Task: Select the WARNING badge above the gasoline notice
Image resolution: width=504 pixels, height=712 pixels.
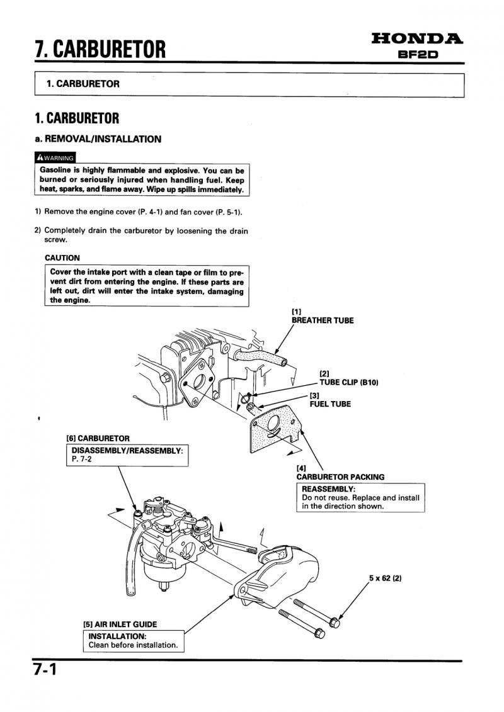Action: pos(55,157)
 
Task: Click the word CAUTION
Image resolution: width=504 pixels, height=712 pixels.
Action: pos(62,257)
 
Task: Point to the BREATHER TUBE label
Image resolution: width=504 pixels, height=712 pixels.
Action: pos(322,320)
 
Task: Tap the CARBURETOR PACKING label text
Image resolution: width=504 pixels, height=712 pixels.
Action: pos(340,477)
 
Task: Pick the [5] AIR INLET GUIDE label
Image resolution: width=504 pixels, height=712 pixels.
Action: pos(120,624)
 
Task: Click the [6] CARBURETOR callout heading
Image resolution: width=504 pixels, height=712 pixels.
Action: pos(98,438)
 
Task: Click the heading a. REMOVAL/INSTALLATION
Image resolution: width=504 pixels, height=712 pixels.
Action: pos(98,139)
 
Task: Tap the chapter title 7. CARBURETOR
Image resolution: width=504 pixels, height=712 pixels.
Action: pos(101,48)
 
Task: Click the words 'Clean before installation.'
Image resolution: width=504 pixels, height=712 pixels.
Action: pos(133,645)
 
